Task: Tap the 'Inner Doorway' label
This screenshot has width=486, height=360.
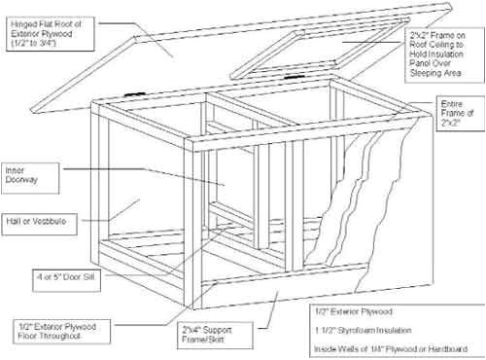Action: point(19,172)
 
